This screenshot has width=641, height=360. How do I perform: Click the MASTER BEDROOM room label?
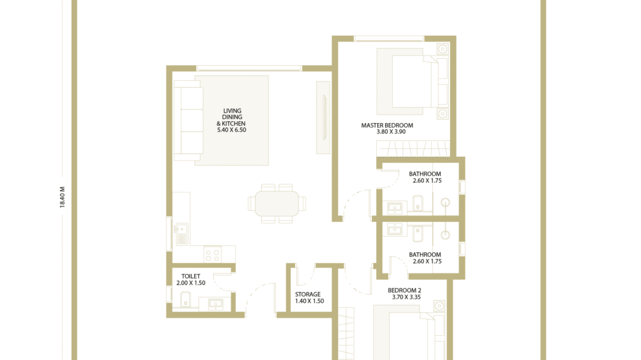(387, 125)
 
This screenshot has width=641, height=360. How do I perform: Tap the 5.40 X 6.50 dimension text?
(232, 129)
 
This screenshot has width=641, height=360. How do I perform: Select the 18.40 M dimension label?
(62, 197)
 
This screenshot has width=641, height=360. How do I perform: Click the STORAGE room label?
(308, 294)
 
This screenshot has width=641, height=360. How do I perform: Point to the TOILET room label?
(191, 276)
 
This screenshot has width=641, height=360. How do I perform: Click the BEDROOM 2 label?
(404, 290)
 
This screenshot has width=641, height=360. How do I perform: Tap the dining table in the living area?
(277, 204)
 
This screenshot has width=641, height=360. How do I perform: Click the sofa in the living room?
(188, 120)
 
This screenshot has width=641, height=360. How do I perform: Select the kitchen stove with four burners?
(213, 254)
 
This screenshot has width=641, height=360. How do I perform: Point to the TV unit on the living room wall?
(323, 118)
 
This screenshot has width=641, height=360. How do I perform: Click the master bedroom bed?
(412, 81)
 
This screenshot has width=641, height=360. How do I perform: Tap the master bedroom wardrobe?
(413, 149)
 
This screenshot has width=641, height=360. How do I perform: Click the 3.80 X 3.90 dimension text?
(391, 132)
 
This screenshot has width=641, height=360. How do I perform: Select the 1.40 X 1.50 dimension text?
(310, 301)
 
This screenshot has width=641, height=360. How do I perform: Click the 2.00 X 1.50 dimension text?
(191, 283)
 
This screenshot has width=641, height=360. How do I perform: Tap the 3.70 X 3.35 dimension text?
(407, 297)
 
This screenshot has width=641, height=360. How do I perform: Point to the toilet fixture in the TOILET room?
(185, 299)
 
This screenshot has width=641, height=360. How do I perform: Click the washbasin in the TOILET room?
(215, 303)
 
